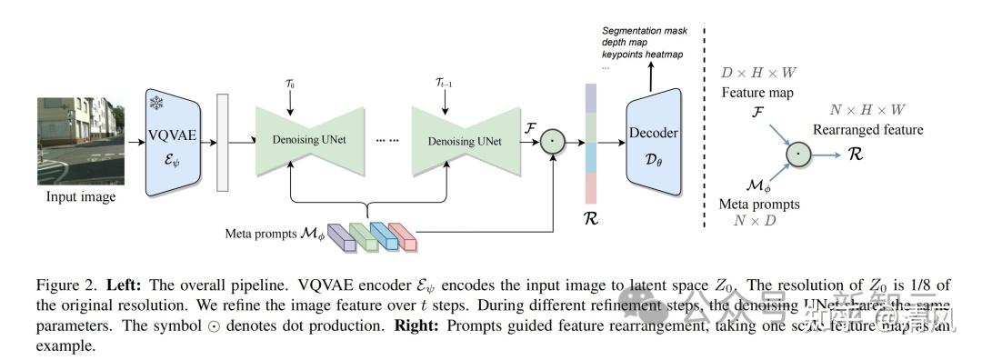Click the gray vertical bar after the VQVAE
click(x=222, y=142)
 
